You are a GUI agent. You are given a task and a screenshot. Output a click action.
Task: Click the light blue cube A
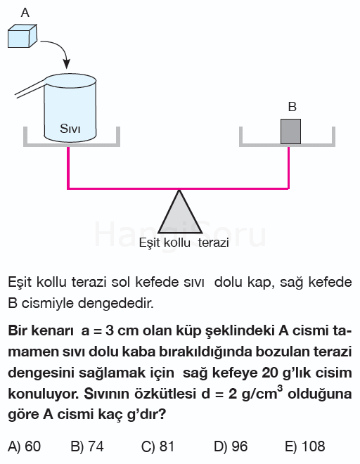[22, 36]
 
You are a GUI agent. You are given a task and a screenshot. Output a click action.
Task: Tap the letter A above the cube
[25, 13]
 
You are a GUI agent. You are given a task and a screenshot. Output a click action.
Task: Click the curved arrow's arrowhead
[67, 63]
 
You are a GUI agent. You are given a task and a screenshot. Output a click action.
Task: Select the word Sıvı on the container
[70, 129]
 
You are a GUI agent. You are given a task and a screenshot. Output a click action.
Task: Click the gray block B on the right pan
[290, 131]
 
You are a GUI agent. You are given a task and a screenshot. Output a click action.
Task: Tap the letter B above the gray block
[292, 107]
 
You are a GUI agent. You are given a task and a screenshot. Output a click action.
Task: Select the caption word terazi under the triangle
[213, 243]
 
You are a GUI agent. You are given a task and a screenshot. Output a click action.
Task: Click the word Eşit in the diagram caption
[150, 243]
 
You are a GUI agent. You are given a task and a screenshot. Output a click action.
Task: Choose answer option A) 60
[25, 446]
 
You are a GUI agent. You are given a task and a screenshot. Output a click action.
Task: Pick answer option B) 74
[87, 446]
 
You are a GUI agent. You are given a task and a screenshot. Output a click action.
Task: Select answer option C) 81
[157, 446]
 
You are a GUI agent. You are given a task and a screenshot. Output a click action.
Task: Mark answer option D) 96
[231, 446]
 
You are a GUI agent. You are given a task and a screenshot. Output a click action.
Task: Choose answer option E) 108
[305, 446]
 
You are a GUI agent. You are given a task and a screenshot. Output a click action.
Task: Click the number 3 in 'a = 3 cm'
[109, 331]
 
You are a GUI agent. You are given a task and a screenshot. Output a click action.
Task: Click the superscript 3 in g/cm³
[280, 388]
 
